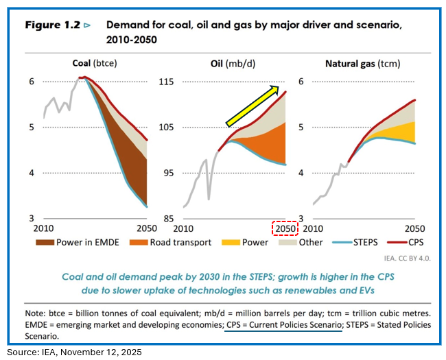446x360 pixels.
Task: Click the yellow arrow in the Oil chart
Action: (x=253, y=106)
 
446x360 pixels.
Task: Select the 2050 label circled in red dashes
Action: (x=284, y=228)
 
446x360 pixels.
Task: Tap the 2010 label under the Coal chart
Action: (x=45, y=228)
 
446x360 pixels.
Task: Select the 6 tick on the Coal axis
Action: (x=32, y=82)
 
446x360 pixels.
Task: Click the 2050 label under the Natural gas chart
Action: (x=414, y=228)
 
